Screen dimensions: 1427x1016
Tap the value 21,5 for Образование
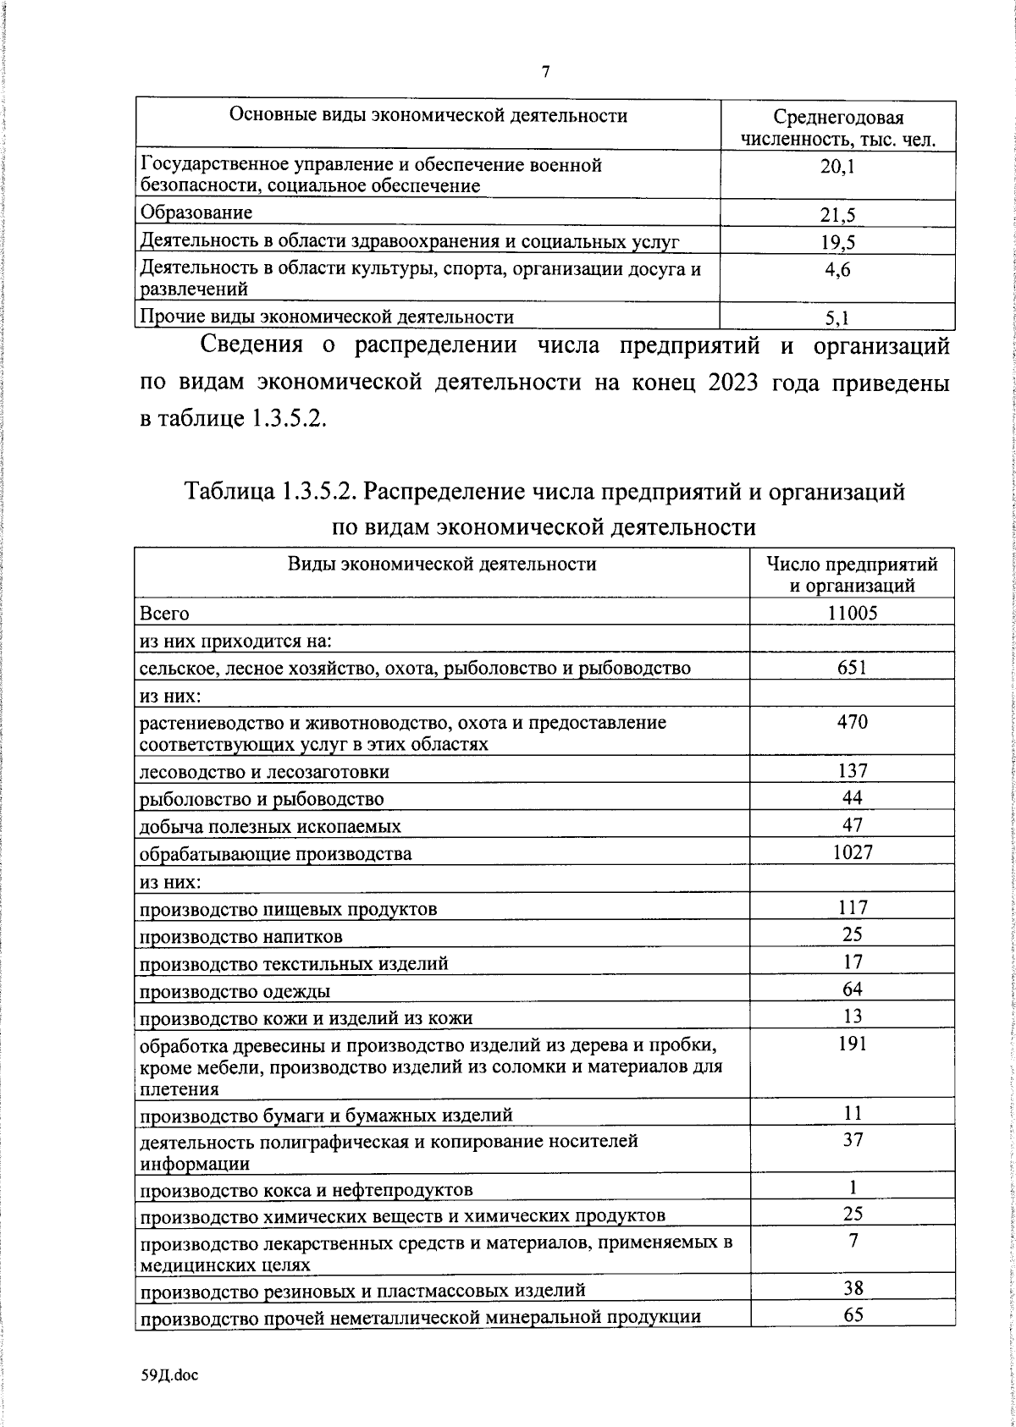[837, 215]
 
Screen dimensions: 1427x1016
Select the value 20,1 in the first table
[837, 167]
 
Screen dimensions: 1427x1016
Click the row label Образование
[196, 212]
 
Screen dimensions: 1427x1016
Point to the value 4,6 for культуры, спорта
[837, 271]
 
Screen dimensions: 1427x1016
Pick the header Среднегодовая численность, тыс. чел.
[837, 128]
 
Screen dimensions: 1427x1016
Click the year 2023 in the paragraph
[729, 383]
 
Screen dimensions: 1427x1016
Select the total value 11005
[852, 613]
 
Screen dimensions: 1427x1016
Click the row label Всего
[164, 613]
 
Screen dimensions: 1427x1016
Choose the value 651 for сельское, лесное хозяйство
[852, 667]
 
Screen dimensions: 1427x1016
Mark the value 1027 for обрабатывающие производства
[852, 852]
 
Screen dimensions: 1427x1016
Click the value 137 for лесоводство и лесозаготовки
[852, 770]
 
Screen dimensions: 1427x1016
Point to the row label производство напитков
[241, 937]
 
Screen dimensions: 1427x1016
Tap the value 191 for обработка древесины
[852, 1044]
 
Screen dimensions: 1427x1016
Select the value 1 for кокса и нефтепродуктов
[853, 1187]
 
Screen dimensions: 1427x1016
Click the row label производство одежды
[235, 991]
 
